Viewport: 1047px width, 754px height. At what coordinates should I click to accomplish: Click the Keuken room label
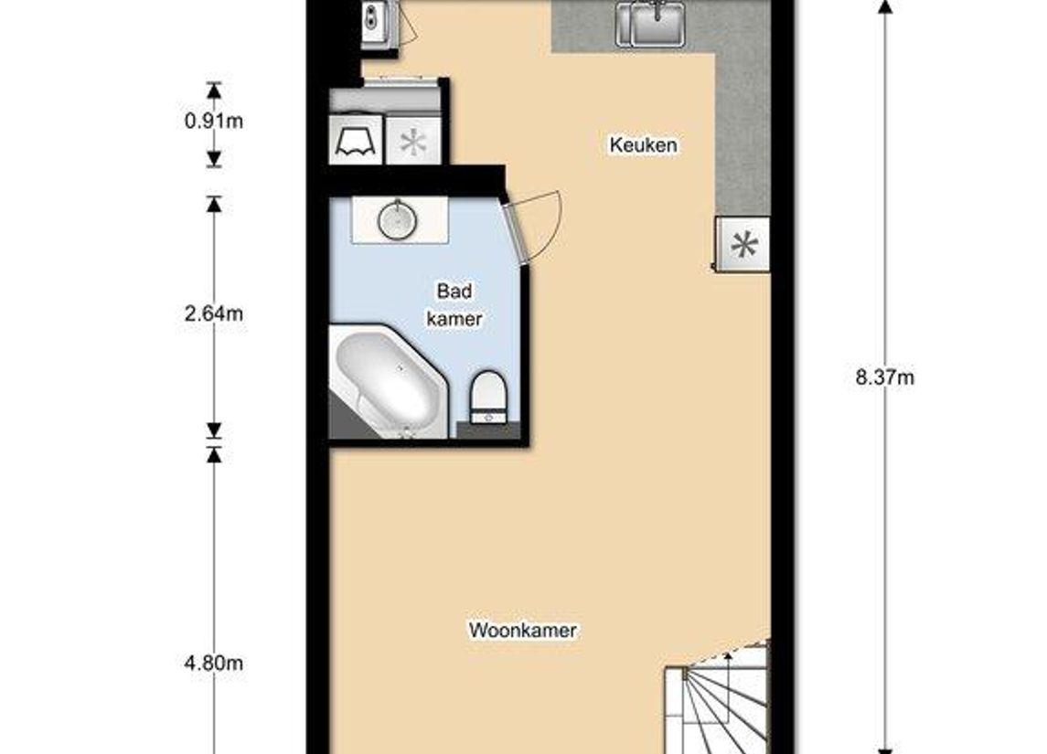point(644,145)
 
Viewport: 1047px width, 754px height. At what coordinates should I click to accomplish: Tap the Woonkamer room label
point(522,631)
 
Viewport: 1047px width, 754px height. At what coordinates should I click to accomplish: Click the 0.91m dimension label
point(213,121)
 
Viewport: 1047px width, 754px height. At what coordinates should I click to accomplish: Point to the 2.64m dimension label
point(213,313)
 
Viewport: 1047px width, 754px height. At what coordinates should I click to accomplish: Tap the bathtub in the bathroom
point(388,384)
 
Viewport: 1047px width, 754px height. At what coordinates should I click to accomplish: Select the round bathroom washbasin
point(398,220)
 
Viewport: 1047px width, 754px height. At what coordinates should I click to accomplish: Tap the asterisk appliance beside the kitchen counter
point(744,245)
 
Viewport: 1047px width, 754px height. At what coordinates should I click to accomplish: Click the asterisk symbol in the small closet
point(413,142)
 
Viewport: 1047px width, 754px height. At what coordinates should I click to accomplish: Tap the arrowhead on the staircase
point(728,655)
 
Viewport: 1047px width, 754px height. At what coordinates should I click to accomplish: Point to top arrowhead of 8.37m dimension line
point(884,7)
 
